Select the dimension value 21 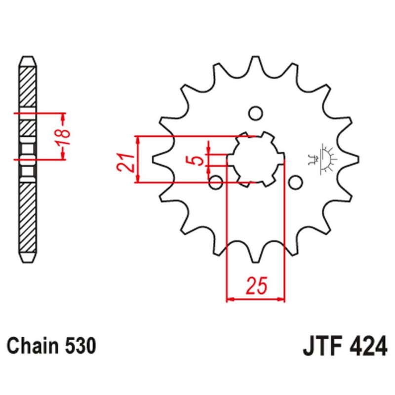tap(125, 161)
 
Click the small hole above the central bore tap(255, 113)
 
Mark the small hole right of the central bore tap(295, 183)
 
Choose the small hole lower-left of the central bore tap(216, 183)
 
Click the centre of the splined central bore tap(255, 159)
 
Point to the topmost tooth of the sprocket tap(256, 62)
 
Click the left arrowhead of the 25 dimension tap(229, 299)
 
